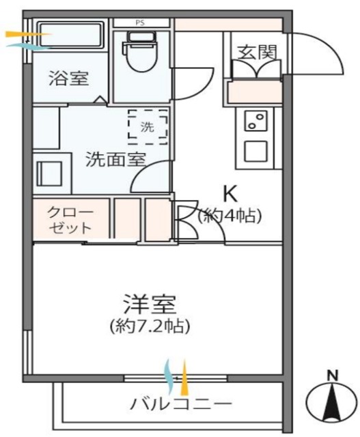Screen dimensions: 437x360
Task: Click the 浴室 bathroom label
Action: point(68,79)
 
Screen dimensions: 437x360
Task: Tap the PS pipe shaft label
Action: point(141,23)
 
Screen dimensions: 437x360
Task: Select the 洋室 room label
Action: point(150,301)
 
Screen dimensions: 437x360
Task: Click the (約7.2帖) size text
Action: point(150,326)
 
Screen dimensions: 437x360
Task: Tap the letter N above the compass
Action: point(332,376)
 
